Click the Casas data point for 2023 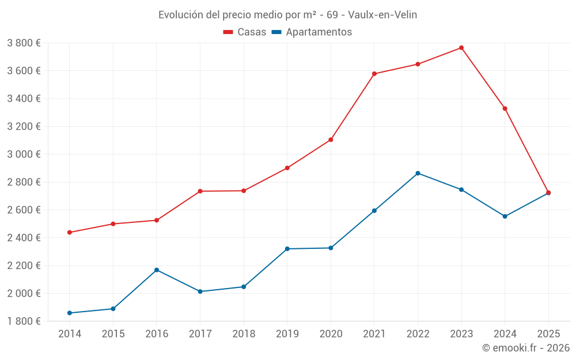pos(461,48)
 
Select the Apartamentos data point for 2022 pos(418,173)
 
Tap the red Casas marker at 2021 pos(374,74)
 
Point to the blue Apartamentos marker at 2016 pos(157,270)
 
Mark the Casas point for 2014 pos(70,232)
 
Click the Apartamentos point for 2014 pos(70,313)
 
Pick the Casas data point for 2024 pos(505,108)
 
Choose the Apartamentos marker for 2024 pos(505,217)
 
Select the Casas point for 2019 pos(287,168)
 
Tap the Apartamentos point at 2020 pos(331,248)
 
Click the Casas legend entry pos(245,32)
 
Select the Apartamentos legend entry pos(311,32)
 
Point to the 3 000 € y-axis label pos(24,154)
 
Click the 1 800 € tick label pos(24,321)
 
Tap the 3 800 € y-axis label pos(24,43)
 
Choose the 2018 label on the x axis pos(244,334)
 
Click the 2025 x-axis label pos(548,334)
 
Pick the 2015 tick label pos(113,334)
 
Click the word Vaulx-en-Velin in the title pos(382,14)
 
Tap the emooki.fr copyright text pos(526,348)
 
